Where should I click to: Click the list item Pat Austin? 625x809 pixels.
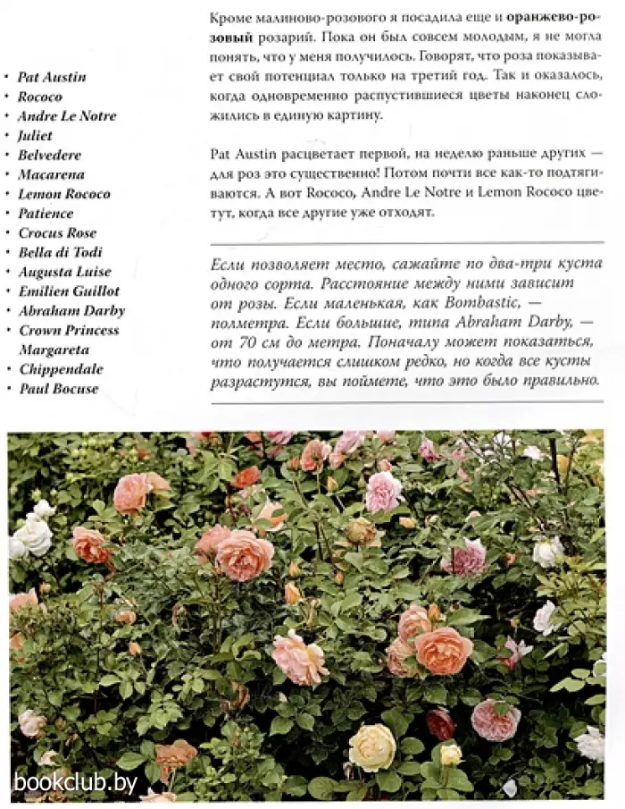click(x=52, y=77)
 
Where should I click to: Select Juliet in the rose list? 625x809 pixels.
click(x=35, y=136)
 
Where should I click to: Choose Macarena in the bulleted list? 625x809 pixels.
click(x=50, y=174)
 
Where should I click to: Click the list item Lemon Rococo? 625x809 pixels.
click(x=63, y=194)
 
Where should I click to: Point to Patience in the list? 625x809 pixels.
click(x=46, y=214)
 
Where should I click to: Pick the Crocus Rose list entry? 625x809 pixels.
click(x=57, y=233)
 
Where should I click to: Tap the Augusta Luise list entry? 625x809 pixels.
click(x=64, y=272)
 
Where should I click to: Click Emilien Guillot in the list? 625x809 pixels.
click(x=68, y=291)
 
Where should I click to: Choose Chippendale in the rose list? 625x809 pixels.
click(x=61, y=369)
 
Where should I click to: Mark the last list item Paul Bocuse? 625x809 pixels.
click(x=58, y=389)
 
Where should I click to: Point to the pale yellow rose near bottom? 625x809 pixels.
click(x=371, y=746)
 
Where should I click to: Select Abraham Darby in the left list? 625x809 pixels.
click(x=71, y=311)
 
